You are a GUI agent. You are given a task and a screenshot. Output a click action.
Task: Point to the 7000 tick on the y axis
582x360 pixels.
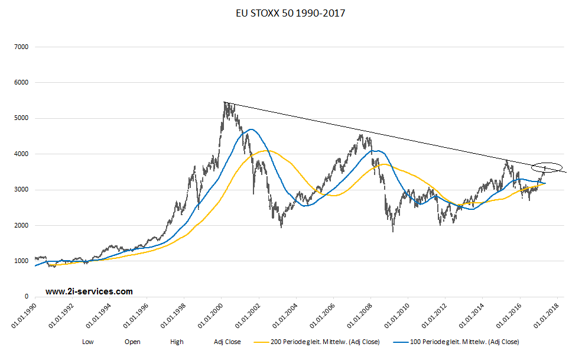[x=21, y=47]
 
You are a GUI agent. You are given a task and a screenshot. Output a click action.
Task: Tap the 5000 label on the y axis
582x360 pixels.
[x=21, y=118]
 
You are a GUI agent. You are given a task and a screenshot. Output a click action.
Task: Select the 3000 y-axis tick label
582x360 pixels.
[x=21, y=190]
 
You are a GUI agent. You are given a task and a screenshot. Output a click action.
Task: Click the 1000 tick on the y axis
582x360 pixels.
[x=21, y=261]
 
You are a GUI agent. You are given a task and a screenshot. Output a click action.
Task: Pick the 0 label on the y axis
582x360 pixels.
[x=27, y=297]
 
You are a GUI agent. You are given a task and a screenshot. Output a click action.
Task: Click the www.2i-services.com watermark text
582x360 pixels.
[x=89, y=291]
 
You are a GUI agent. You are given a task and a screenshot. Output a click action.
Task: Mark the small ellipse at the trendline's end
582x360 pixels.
[x=546, y=167]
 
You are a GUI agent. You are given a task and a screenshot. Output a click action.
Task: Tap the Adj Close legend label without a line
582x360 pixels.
[x=227, y=342]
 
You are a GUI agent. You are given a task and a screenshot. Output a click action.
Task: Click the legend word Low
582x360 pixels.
[x=88, y=342]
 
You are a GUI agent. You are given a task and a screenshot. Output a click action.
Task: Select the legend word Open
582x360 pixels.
[x=133, y=342]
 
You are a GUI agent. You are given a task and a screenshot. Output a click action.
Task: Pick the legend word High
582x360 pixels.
[x=177, y=342]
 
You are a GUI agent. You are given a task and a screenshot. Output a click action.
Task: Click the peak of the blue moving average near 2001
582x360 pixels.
[x=252, y=129]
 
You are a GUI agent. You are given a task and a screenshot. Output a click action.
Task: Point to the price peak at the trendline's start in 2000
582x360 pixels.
[x=225, y=103]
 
